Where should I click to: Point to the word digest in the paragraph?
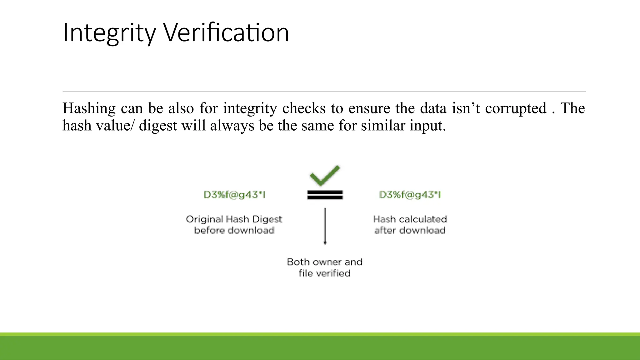158,126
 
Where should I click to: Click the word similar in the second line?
383,126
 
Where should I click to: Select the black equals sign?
325,195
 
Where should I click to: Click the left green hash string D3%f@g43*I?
234,195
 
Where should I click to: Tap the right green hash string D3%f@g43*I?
410,195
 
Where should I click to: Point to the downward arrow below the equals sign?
325,226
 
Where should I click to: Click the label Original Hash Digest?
234,219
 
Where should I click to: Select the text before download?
234,230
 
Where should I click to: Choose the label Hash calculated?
410,219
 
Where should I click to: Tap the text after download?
410,230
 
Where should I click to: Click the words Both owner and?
325,262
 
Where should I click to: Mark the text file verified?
325,273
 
